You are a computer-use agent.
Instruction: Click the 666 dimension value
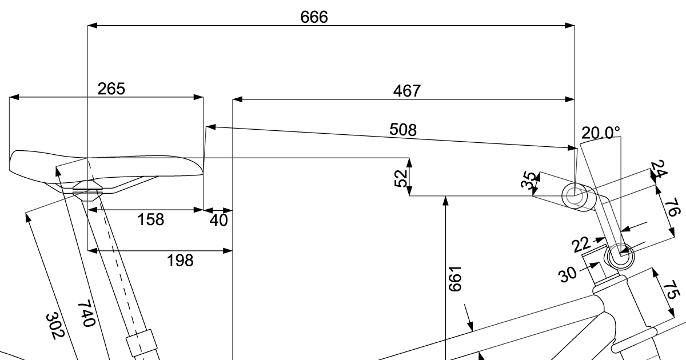pyautogui.click(x=314, y=17)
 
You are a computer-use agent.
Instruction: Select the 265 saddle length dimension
pyautogui.click(x=111, y=89)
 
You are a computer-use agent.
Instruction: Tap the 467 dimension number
pyautogui.click(x=406, y=91)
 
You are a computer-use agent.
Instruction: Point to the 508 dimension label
pyautogui.click(x=402, y=130)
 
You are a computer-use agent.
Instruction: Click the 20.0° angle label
pyautogui.click(x=601, y=133)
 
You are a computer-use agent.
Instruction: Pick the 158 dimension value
pyautogui.click(x=151, y=219)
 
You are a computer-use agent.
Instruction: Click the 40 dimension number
pyautogui.click(x=218, y=220)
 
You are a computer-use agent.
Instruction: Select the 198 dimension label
pyautogui.click(x=180, y=261)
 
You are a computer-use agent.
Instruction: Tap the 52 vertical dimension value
pyautogui.click(x=401, y=178)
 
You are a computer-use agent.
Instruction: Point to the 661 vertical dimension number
pyautogui.click(x=455, y=279)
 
